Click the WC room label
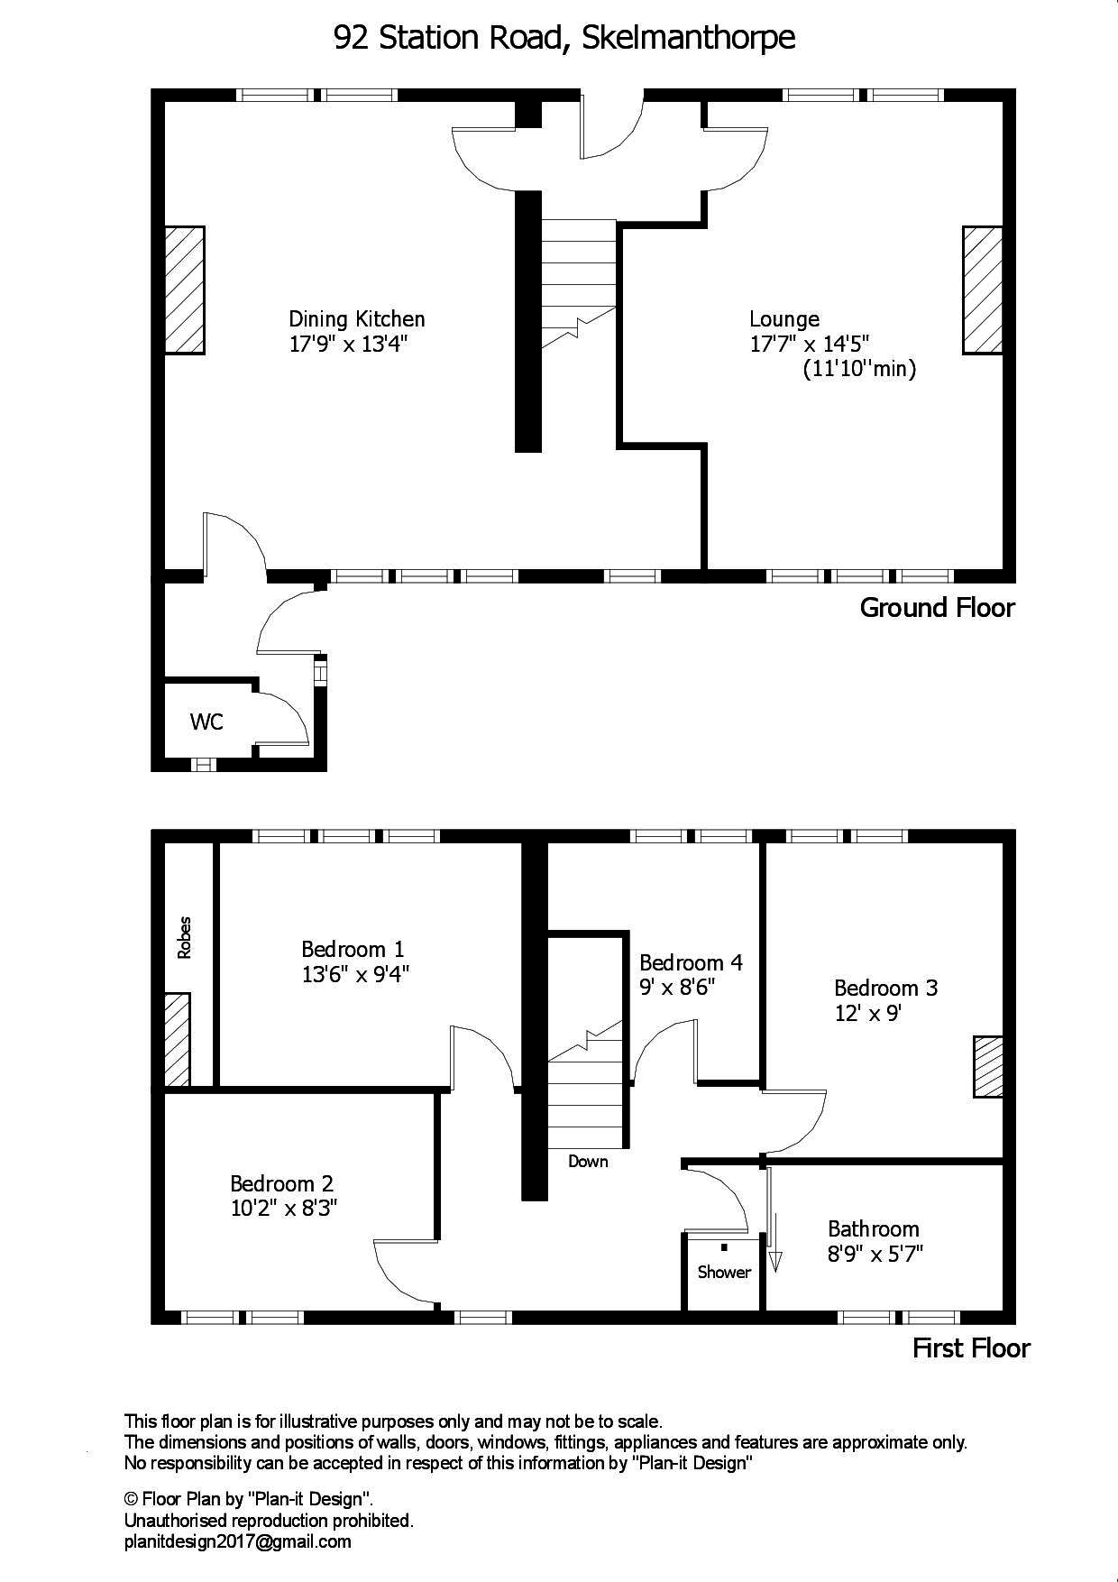[206, 722]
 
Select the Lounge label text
[784, 319]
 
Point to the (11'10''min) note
[858, 369]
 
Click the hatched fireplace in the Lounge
[982, 290]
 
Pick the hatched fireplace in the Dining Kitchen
[184, 290]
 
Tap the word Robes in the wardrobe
[185, 938]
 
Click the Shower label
[723, 1273]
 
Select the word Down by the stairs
[588, 1162]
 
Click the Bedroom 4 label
[691, 962]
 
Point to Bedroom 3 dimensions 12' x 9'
[868, 1013]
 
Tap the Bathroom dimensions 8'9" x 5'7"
[875, 1254]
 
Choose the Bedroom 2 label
[281, 1183]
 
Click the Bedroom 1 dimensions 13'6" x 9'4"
[355, 974]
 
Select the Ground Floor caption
[937, 608]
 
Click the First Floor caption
[971, 1349]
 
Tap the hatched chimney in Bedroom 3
[988, 1067]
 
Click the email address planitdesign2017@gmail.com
[237, 1541]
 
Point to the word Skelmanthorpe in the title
[688, 38]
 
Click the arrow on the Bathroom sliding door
[774, 1259]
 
